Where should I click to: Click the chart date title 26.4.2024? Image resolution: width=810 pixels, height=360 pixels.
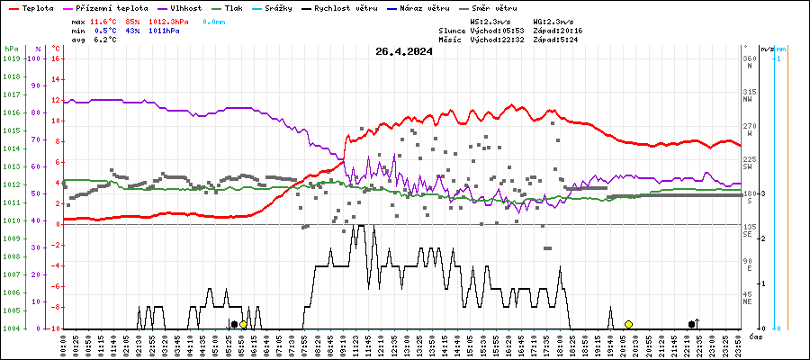(404, 51)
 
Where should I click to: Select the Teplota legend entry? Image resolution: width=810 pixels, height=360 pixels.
(32, 7)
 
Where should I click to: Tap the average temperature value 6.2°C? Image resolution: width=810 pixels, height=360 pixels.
(103, 40)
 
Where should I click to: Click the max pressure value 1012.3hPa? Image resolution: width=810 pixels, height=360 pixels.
(171, 20)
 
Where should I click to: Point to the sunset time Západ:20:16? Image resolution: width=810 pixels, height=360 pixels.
(557, 30)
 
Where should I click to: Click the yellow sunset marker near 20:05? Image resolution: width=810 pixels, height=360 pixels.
(628, 324)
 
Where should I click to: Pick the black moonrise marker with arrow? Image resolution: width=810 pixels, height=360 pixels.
(691, 324)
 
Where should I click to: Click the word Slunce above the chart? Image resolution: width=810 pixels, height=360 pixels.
(453, 30)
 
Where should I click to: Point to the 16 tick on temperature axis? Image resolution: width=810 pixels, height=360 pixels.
(55, 58)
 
